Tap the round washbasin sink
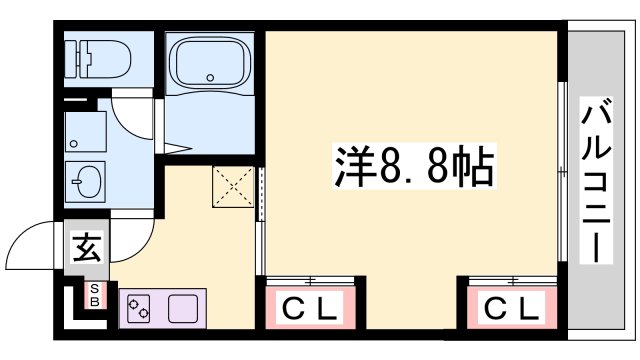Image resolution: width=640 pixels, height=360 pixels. (x=87, y=183)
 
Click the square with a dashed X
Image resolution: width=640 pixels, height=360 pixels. (x=234, y=187)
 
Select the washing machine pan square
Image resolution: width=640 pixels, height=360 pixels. (x=87, y=131)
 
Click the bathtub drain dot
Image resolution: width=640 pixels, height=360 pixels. (x=210, y=79)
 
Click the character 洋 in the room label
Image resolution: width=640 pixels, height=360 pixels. (x=352, y=167)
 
